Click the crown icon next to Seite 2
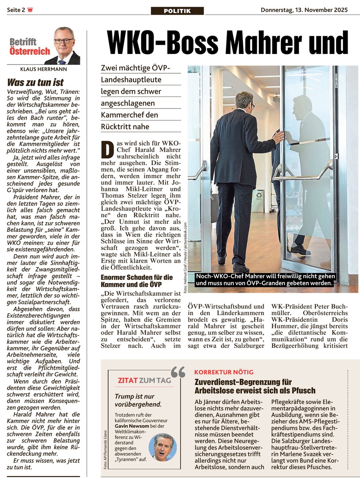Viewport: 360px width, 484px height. point(30,10)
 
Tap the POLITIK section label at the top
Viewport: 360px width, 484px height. point(177,11)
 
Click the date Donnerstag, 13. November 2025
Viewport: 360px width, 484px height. point(304,10)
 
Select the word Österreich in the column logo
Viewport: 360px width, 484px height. point(30,51)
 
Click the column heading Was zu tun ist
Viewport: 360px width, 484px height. point(36,82)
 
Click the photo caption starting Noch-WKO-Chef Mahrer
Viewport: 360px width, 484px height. point(265,279)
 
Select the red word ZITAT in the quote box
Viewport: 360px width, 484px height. point(128,380)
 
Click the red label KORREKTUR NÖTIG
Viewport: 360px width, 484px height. point(224,372)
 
